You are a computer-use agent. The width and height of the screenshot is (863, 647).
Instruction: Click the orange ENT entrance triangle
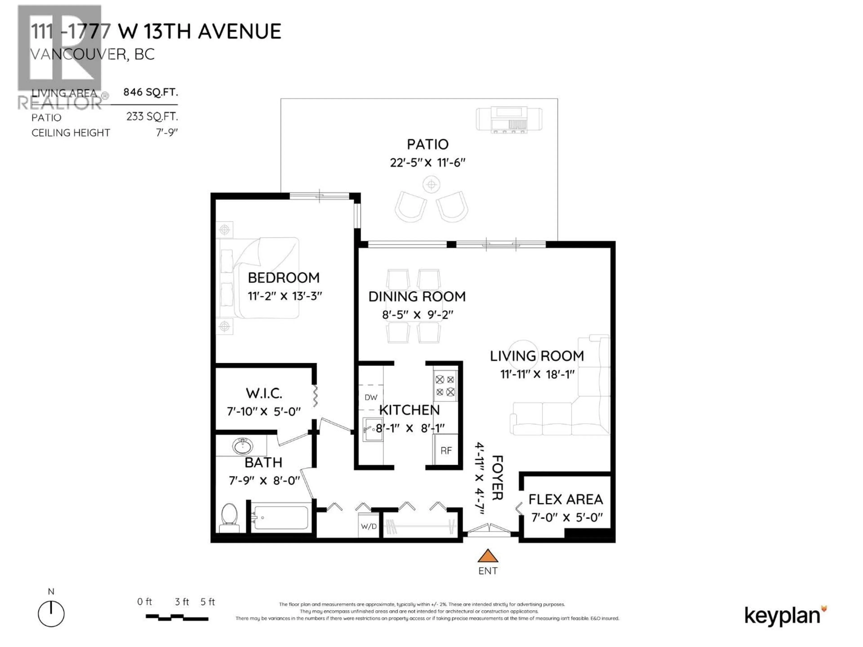point(488,556)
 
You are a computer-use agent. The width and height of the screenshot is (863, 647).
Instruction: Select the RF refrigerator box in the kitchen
point(446,450)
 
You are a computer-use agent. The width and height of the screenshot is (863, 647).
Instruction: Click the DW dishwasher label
point(371,397)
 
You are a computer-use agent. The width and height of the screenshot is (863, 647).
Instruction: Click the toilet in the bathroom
point(229,517)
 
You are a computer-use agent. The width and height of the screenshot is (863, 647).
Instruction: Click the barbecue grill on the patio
point(509,120)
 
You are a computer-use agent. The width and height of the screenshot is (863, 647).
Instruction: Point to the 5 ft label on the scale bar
point(208,602)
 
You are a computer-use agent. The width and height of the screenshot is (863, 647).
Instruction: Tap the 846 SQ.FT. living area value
point(151,92)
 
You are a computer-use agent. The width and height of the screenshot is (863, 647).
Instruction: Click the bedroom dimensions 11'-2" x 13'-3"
point(285,296)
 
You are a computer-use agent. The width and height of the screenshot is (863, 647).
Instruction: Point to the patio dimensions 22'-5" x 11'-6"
point(428,163)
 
